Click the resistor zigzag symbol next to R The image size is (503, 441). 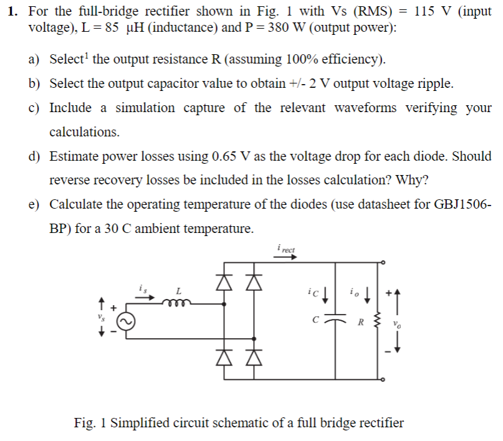[x=377, y=321]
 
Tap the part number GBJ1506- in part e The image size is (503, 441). [x=462, y=204]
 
